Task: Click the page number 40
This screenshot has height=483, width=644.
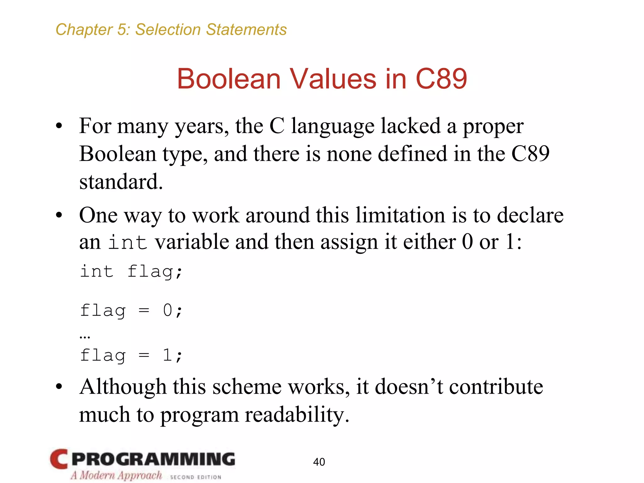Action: (x=319, y=462)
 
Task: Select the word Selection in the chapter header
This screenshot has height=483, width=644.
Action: (x=168, y=30)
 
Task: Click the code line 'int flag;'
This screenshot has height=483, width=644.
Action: (x=131, y=271)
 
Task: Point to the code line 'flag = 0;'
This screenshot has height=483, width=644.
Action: (x=131, y=310)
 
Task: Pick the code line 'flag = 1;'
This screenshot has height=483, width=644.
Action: (x=131, y=356)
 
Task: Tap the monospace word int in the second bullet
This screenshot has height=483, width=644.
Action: (x=128, y=242)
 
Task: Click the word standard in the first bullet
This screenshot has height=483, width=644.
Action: (x=121, y=182)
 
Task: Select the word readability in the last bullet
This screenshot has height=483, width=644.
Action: (x=297, y=414)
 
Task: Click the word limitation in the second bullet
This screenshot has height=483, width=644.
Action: (x=400, y=215)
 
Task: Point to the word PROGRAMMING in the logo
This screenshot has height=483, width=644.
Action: (x=153, y=459)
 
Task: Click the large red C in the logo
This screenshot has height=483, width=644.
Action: (x=59, y=459)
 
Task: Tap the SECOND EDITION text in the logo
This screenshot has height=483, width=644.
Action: (x=196, y=477)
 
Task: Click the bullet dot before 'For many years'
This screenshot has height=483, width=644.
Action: (x=59, y=126)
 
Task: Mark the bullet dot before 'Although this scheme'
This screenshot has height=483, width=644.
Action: (x=59, y=387)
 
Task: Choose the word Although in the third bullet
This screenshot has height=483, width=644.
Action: (x=123, y=387)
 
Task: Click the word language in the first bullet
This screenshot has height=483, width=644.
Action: (x=333, y=126)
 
